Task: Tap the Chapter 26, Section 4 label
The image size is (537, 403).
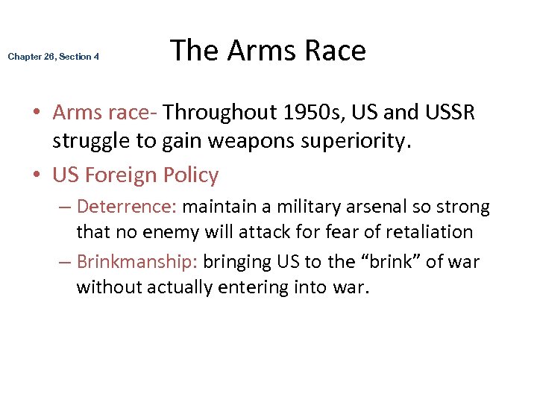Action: coord(54,57)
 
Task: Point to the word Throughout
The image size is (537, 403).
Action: coord(222,113)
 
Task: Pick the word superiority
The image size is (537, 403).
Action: coord(357,142)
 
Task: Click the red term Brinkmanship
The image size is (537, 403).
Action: coord(136,262)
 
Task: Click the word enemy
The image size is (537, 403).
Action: coord(164,232)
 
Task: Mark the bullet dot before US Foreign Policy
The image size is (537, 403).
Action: coord(37,176)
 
